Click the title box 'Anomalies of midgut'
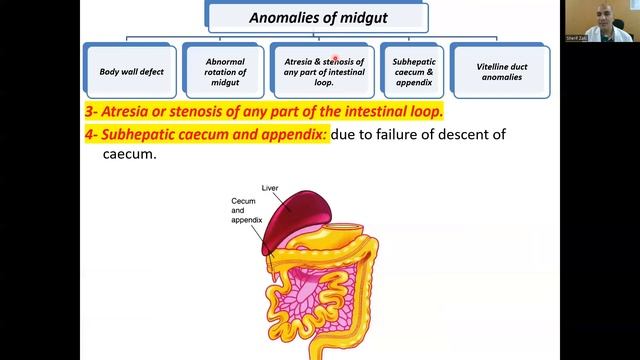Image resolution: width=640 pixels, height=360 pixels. pos(318,17)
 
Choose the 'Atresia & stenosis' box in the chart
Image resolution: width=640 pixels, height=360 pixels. pos(318,71)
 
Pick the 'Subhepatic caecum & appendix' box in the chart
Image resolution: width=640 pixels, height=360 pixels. pos(412,71)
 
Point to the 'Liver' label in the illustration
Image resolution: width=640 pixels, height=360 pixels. pos(269,188)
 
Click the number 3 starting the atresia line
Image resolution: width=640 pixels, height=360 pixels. pos(88,110)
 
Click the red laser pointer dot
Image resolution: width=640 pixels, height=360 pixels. pos(336,60)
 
